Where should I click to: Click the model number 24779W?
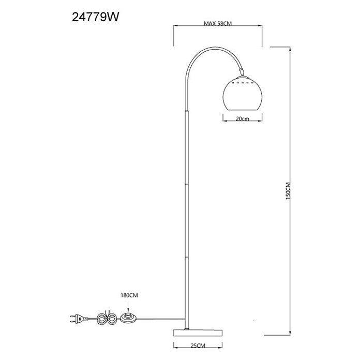[96, 17]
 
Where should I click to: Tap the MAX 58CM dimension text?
[218, 23]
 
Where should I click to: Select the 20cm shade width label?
[243, 118]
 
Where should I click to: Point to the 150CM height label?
[288, 191]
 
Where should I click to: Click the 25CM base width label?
[198, 346]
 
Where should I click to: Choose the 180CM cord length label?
[129, 295]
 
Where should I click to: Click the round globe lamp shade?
[243, 93]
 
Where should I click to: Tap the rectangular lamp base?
[198, 333]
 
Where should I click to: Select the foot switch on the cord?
[129, 317]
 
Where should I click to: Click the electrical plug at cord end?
[79, 319]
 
